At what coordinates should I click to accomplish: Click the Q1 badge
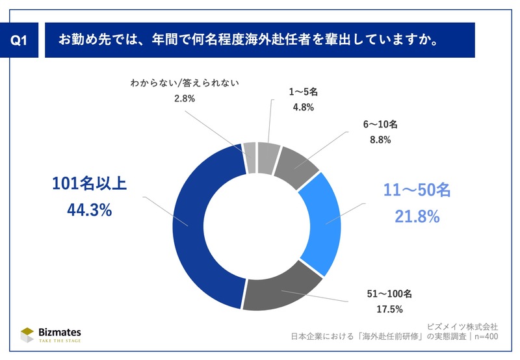coord(21,40)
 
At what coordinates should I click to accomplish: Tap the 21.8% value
coord(416,216)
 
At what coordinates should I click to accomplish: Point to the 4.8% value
coord(301,107)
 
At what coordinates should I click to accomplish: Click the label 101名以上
coord(88,185)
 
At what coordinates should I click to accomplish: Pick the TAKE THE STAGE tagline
coord(60,341)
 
